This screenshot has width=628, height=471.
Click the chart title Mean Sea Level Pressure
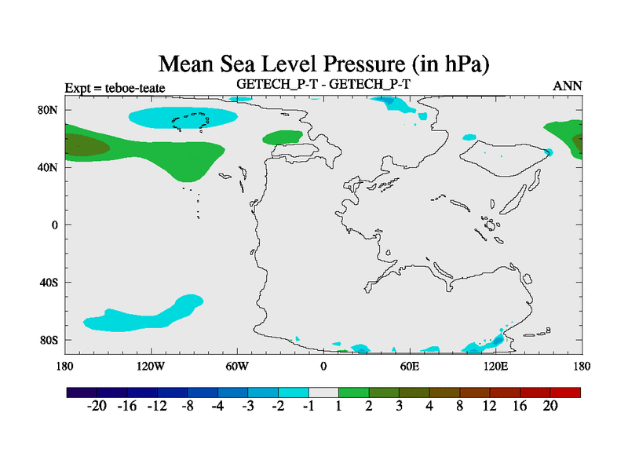coord(318,63)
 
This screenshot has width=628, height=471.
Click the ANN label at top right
coord(568,86)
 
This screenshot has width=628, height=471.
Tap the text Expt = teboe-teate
coord(115,88)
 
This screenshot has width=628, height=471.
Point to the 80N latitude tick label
coord(49,110)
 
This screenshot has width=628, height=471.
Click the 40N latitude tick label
coord(49,167)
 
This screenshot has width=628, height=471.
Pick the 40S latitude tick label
coord(49,283)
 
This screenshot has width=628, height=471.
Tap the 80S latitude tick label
coord(49,340)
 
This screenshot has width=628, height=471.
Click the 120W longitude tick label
coord(150,366)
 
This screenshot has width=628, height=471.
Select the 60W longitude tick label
coord(237,366)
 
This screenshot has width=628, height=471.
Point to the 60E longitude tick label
coord(409,366)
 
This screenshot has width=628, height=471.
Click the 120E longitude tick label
coord(495,366)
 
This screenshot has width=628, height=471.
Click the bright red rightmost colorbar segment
coord(565,391)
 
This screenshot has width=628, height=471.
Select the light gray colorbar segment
coord(323,391)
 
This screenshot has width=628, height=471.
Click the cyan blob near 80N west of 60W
coord(183,118)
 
